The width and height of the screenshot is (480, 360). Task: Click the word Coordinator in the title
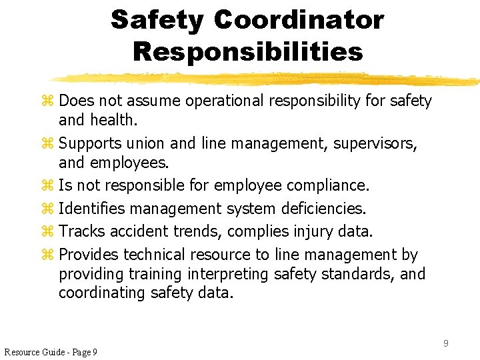(299, 20)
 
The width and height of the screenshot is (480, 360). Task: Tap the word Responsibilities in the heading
(248, 51)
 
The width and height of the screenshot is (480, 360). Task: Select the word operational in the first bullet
(227, 101)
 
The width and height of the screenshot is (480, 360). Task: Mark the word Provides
(89, 255)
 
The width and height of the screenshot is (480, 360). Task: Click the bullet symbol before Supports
(46, 144)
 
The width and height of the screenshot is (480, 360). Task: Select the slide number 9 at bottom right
(445, 343)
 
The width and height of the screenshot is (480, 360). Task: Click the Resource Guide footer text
(51, 352)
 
